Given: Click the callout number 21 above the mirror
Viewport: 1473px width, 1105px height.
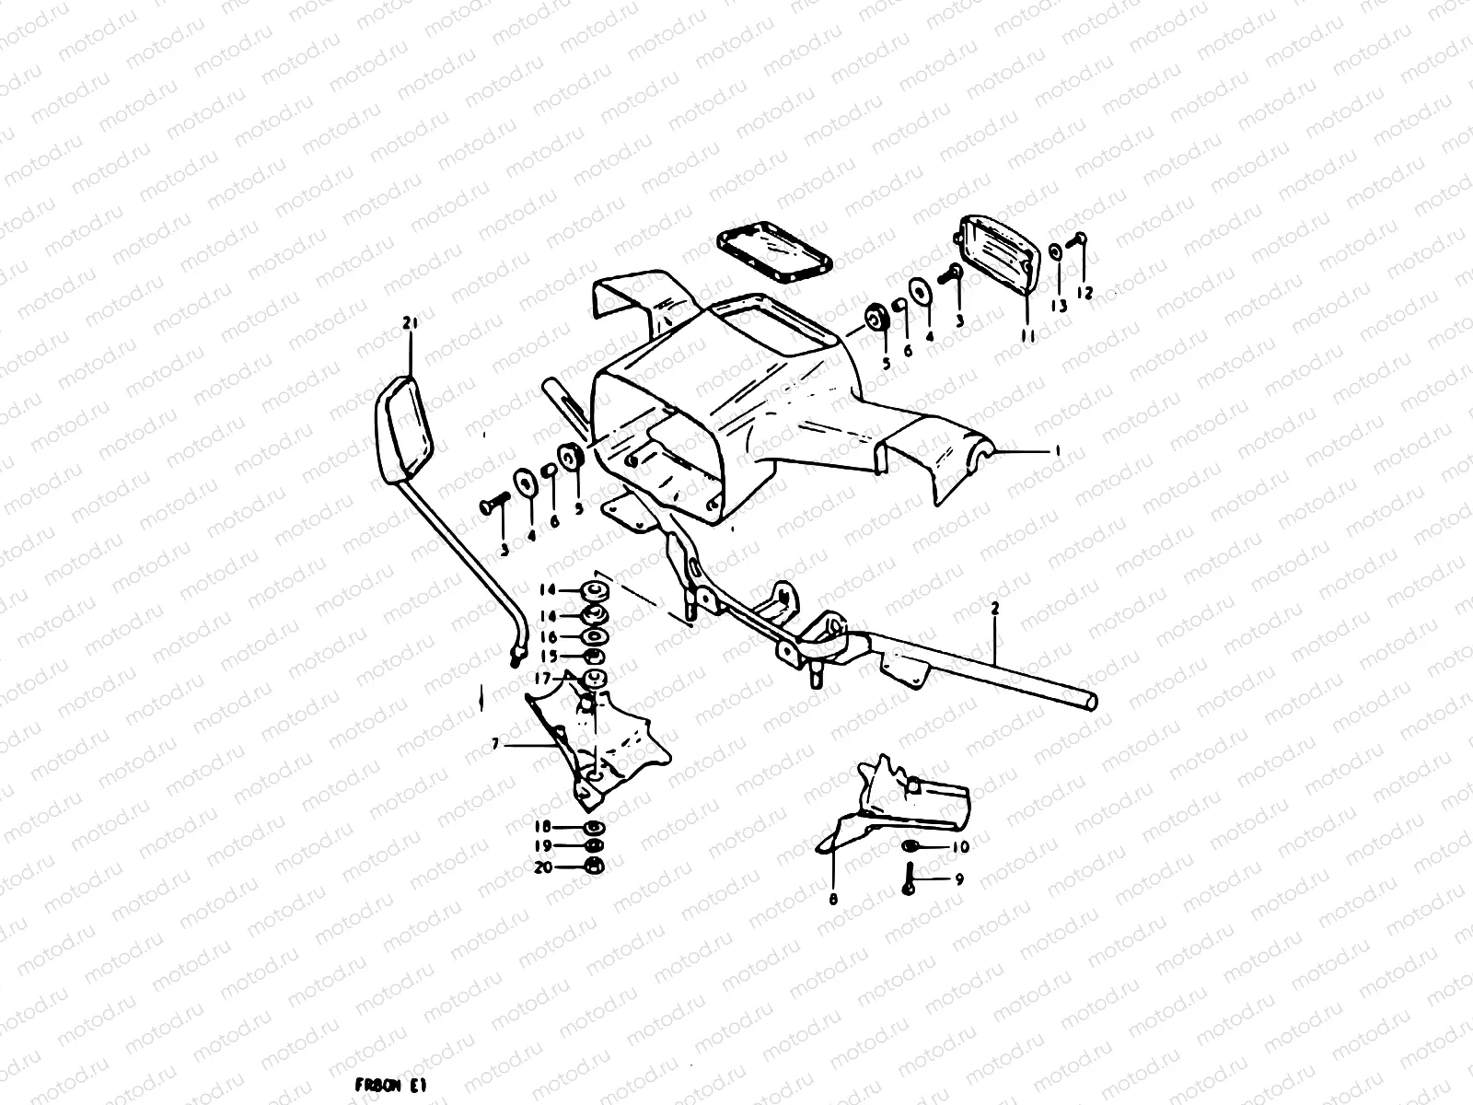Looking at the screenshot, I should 410,322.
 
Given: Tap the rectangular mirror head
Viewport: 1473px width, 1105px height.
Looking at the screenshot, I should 406,425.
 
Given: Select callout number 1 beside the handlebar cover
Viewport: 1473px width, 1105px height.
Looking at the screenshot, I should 1058,450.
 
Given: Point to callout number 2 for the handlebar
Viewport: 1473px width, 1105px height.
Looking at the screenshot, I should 994,609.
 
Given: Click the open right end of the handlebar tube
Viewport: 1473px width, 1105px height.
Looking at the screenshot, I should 1091,702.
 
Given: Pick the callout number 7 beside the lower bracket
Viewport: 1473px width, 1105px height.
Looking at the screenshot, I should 494,744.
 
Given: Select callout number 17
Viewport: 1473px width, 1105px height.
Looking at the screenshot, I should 543,679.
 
